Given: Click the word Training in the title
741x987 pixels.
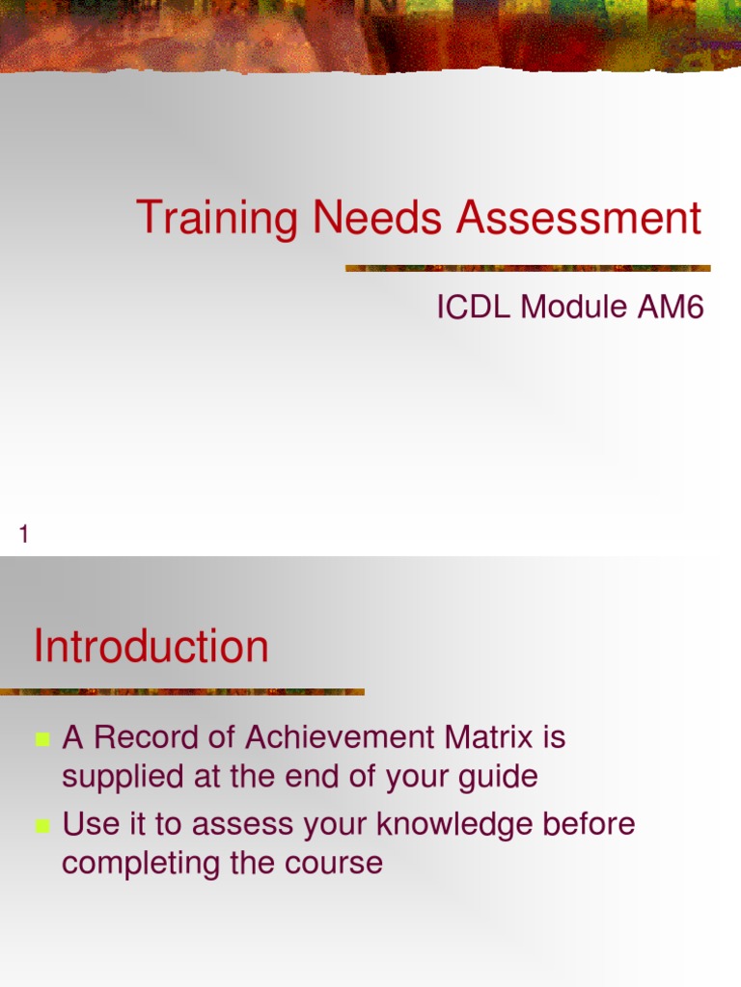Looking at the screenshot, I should coord(218,218).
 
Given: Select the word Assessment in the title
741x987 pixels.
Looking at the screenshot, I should coord(579,218).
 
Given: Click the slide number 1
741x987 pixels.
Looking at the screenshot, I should coord(24,534).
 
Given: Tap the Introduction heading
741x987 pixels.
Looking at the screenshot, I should coord(151,647).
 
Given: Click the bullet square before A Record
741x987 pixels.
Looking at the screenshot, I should coord(42,740).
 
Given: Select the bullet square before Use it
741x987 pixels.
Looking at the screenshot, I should coord(42,826).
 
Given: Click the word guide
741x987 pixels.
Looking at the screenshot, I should coord(499,777).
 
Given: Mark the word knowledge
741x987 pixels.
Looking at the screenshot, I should coord(453,825).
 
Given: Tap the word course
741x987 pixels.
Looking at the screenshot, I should coord(335,864).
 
